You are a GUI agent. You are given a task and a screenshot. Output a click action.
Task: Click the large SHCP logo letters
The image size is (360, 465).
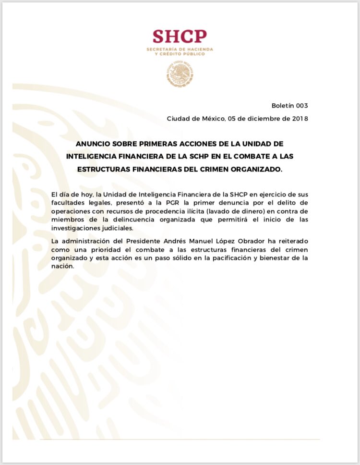(180, 37)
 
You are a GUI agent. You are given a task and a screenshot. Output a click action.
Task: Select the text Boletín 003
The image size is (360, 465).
(289, 106)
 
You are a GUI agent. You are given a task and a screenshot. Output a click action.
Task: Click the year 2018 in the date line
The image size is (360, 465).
(299, 119)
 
